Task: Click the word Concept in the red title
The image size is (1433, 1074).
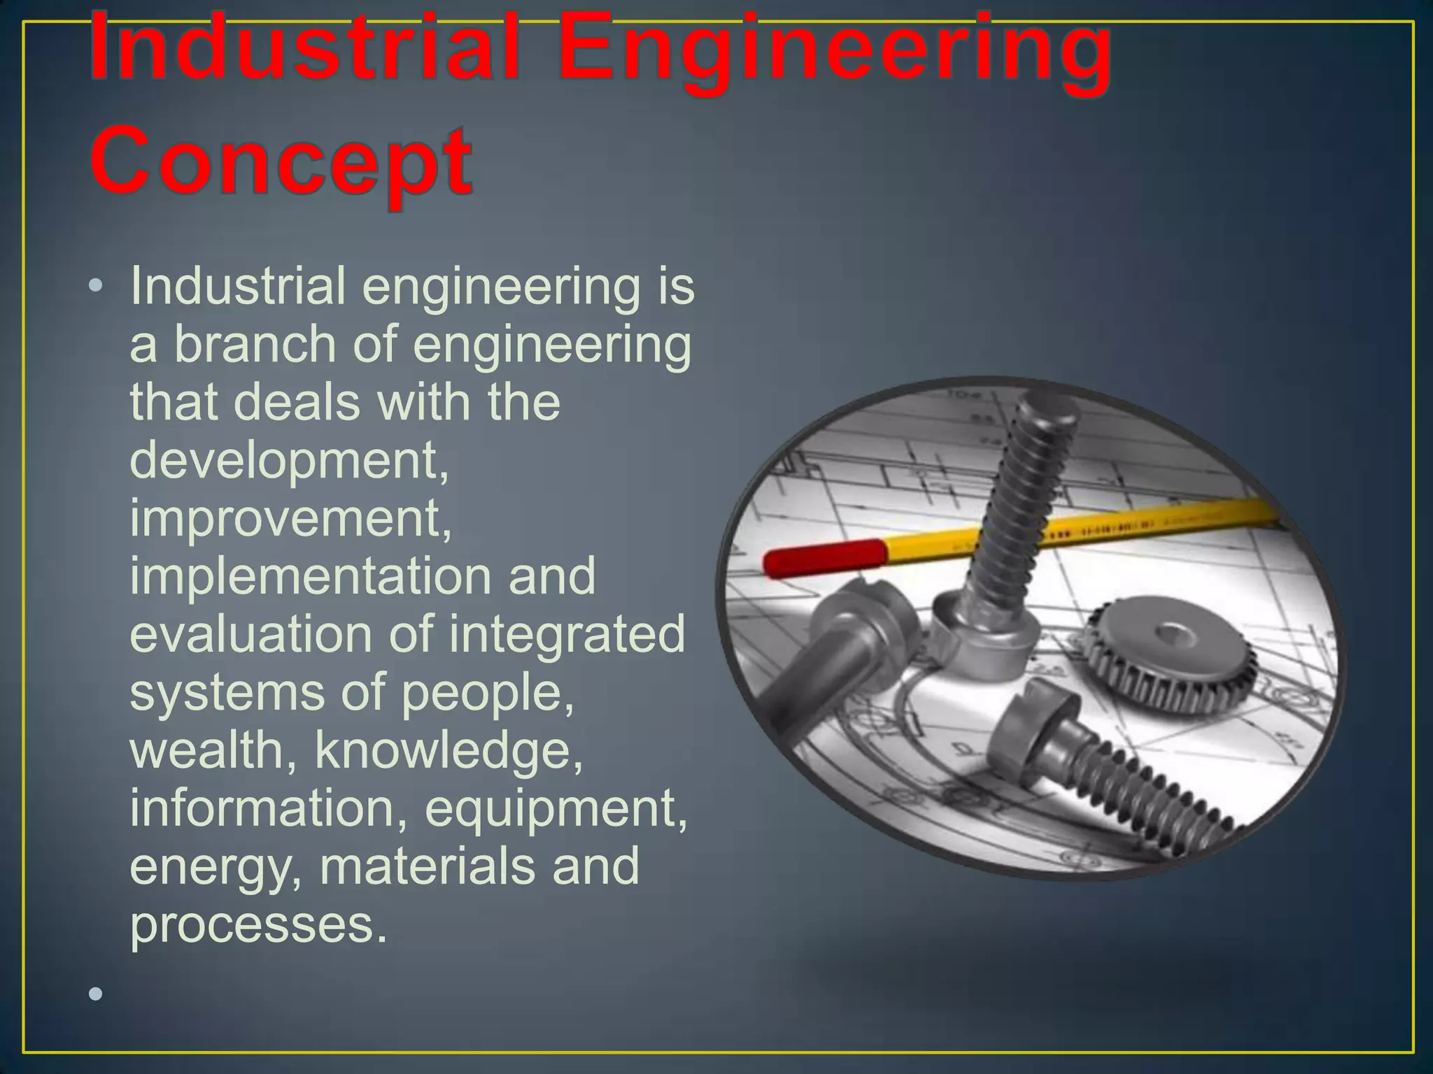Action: pos(280,162)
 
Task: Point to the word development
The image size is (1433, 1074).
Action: pos(288,461)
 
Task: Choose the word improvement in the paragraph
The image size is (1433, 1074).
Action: pos(290,518)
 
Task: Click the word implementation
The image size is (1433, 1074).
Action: pos(311,576)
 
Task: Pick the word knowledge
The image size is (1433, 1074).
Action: pos(448,750)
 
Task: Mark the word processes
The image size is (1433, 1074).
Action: pos(257,924)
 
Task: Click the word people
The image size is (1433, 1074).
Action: pos(487,693)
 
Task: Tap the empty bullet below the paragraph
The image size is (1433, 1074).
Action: pos(96,994)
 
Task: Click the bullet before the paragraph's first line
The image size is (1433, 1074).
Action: pos(96,286)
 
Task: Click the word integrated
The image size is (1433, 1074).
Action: pos(567,634)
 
